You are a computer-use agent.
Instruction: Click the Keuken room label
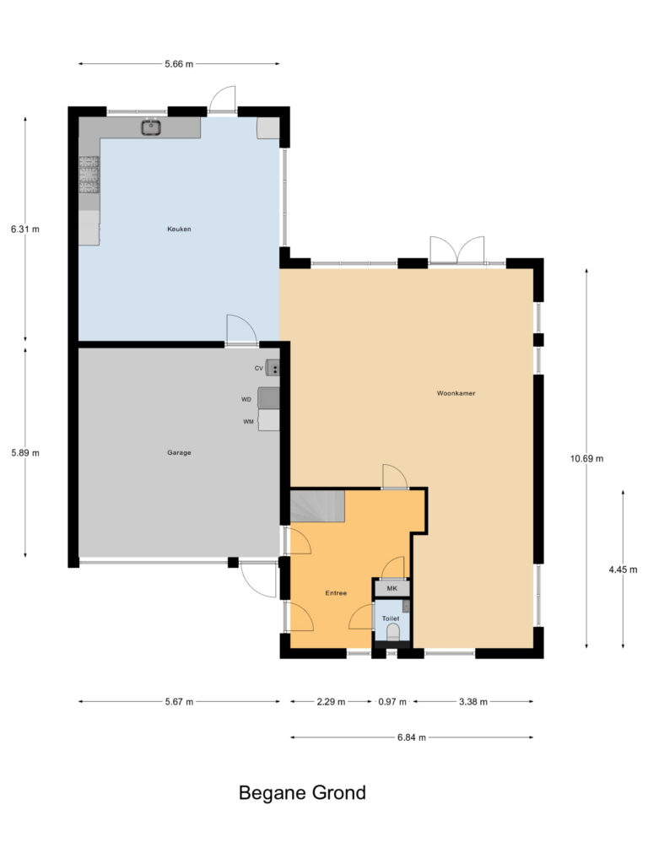coord(179,229)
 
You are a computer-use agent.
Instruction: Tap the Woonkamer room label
coord(456,393)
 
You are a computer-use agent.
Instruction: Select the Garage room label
coord(179,452)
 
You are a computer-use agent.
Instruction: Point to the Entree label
coord(336,593)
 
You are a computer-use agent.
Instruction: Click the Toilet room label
coord(391,618)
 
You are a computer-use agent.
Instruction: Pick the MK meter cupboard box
coord(391,588)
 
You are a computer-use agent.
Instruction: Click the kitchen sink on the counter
coord(152,127)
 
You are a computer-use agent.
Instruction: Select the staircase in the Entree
coord(318,507)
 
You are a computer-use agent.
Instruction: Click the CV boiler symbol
coord(273,368)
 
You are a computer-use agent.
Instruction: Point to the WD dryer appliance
coord(268,397)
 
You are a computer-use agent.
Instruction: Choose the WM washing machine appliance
coord(268,420)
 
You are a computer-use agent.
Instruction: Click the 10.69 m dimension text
coord(587,458)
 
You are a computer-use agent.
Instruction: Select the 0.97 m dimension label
coord(392,701)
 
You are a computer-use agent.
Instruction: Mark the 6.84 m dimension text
coord(412,737)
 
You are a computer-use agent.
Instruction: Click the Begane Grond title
coord(302,793)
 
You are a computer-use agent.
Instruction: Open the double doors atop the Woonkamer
coord(456,251)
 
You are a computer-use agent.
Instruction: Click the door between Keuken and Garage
coord(240,330)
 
